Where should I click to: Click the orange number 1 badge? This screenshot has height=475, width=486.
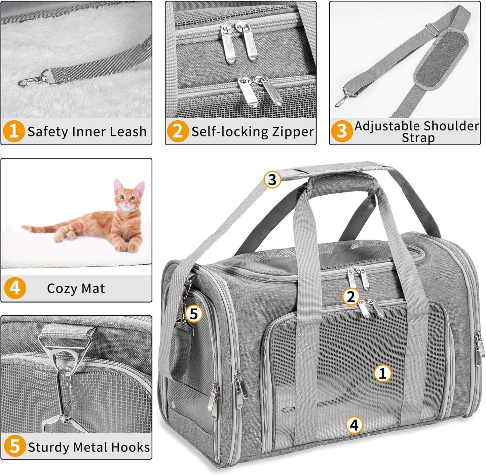14,131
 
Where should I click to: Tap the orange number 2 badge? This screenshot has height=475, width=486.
178,131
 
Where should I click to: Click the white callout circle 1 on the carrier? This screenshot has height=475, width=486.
383,373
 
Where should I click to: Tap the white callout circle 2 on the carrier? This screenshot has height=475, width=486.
351,297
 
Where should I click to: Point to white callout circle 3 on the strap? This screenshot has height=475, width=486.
272,180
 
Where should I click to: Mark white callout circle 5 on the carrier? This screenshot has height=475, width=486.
194,314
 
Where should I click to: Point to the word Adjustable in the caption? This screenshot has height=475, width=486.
387,126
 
